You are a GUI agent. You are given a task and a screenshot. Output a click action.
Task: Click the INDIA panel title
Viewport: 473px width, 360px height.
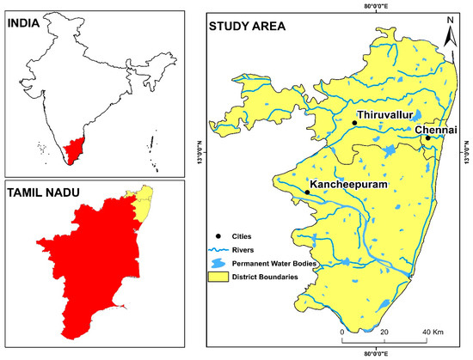pyautogui.click(x=27, y=24)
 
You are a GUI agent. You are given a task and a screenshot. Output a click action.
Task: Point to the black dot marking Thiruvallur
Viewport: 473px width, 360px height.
pyautogui.click(x=354, y=123)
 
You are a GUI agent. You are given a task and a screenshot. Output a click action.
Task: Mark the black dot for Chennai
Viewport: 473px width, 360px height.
pyautogui.click(x=427, y=138)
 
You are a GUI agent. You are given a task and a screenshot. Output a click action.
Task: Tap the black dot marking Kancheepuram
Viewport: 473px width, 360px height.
pyautogui.click(x=307, y=192)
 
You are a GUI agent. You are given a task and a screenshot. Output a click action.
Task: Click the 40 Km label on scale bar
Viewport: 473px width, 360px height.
pyautogui.click(x=432, y=331)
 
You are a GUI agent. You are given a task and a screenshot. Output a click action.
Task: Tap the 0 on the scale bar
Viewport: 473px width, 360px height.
pyautogui.click(x=342, y=331)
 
